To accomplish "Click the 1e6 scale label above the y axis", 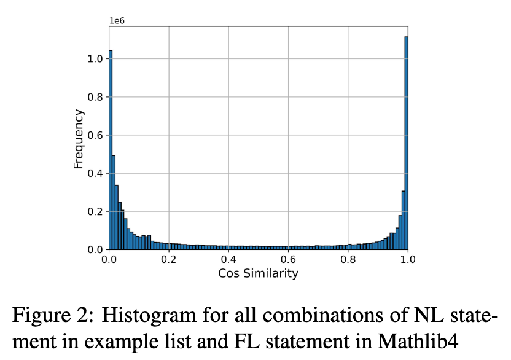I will [117, 20].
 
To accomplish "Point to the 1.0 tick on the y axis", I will [96, 59].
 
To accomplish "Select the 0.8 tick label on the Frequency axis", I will [96, 97].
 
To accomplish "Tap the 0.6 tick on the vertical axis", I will [96, 135].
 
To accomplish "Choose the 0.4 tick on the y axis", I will [96, 173].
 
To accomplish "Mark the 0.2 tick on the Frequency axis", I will [96, 211].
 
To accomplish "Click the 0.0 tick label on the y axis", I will [96, 249].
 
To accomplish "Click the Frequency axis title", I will [79, 138].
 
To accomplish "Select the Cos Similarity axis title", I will [258, 273].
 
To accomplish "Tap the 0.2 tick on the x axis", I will [169, 260].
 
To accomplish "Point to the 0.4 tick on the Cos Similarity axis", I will [228, 260].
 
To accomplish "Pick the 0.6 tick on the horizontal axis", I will [288, 260].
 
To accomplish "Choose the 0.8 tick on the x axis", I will [348, 260].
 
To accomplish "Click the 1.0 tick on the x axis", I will [407, 260].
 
